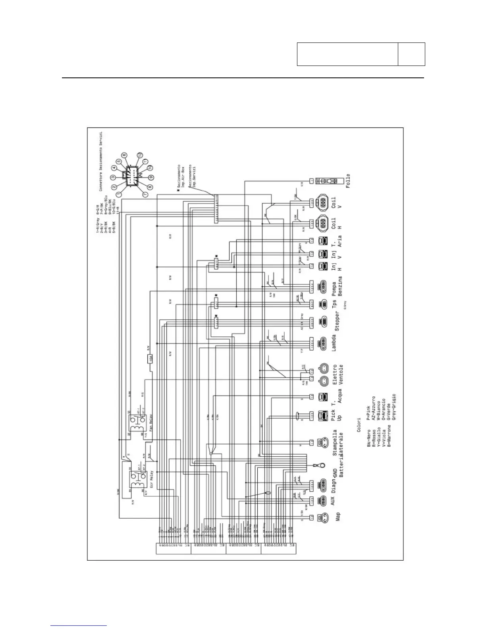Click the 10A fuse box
pyautogui.click(x=150, y=359)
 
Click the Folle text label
pyautogui.click(x=348, y=181)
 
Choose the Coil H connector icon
pyautogui.click(x=322, y=223)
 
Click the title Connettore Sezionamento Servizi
pyautogui.click(x=101, y=162)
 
